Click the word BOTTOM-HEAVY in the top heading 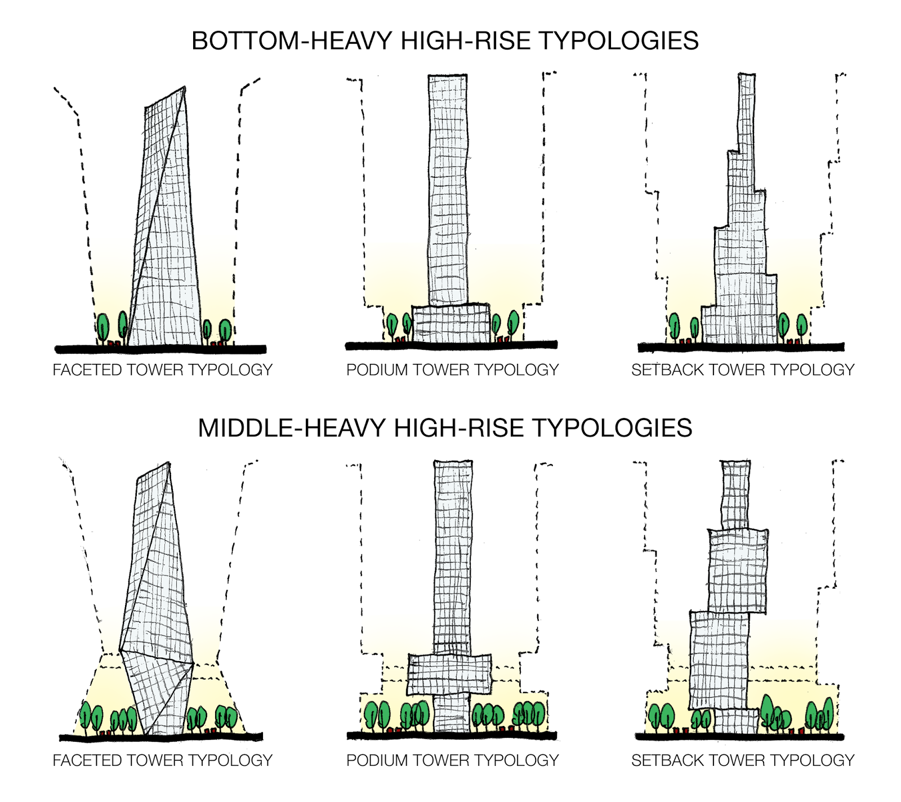292,41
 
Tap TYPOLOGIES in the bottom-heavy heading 619,41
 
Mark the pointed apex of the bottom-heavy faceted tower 184,87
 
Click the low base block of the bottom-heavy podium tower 451,324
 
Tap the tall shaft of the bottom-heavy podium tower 448,190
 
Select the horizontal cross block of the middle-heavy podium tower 449,674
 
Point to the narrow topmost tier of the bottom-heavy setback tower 746,113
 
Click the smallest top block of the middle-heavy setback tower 735,495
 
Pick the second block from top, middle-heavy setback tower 738,571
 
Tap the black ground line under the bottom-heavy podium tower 451,345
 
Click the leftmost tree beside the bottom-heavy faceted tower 102,327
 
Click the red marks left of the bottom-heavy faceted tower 114,342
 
